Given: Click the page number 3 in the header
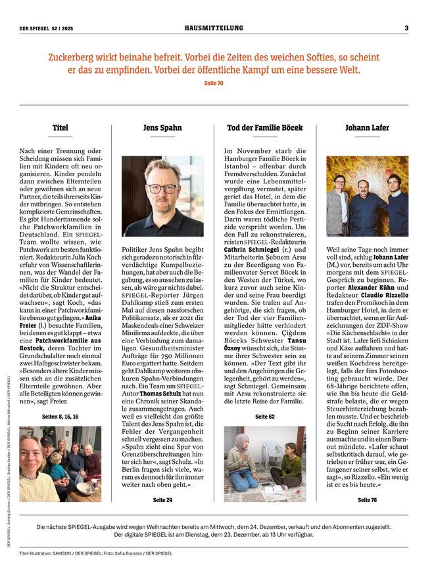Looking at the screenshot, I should [406, 28].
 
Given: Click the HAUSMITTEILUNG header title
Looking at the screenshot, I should [214, 28].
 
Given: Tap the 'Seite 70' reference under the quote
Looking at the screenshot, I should [214, 83].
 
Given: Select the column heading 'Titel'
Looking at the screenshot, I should [60, 127].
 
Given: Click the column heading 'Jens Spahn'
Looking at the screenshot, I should [162, 127].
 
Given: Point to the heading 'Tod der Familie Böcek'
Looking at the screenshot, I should [265, 127].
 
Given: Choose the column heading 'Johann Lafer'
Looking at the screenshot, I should [367, 127].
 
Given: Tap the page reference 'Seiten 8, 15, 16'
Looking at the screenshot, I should [60, 417].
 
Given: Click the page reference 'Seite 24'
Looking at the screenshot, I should [162, 499].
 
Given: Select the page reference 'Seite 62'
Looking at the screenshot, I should [265, 417].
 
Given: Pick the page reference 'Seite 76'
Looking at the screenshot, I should [367, 499].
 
